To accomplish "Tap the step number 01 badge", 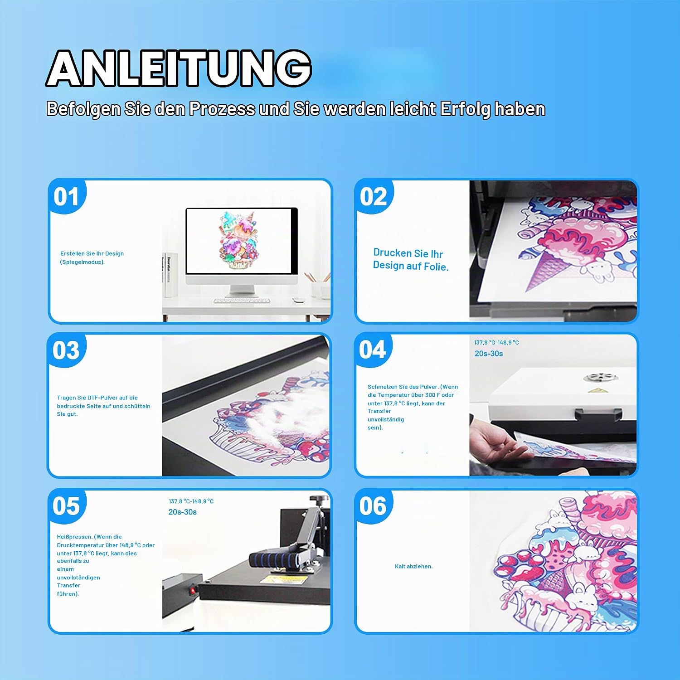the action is pos(67,196).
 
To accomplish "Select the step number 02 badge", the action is pos(374,196).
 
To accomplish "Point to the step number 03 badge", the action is pos(66,350).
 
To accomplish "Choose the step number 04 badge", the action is pos(373,350).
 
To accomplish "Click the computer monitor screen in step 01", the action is pos(239,241).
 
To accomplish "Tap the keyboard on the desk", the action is pos(242,300).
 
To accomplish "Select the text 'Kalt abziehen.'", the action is pos(414,566).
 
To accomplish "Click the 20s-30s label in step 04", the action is pos(489,354).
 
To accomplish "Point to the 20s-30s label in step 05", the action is pos(182,512).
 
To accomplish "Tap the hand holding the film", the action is pos(494,440).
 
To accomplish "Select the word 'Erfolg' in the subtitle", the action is pos(466,109).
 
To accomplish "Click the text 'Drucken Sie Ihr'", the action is pos(408,253).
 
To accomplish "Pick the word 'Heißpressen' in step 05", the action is pos(74,537).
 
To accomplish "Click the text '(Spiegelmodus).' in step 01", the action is pos(83,262).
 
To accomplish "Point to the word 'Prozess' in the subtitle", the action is pos(222,109).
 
